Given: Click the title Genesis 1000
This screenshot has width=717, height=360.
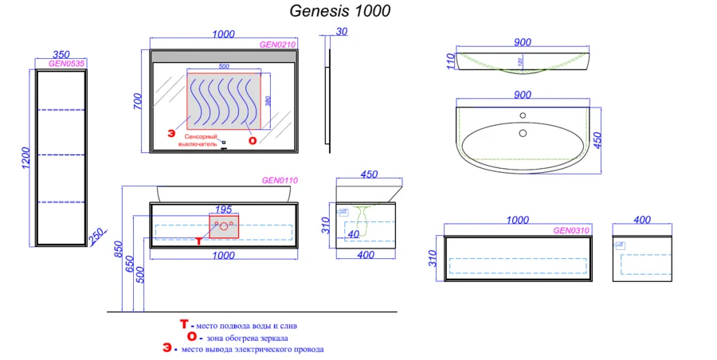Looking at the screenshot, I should [x=339, y=11].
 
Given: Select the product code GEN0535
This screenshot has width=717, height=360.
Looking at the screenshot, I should [x=67, y=63].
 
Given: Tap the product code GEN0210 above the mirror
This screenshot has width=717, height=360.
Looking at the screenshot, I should [x=278, y=45].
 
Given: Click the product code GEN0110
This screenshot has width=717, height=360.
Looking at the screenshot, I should [x=280, y=181].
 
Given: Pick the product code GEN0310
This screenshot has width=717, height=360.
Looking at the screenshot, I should [x=571, y=231].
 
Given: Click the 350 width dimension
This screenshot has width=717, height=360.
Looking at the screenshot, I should [x=61, y=54].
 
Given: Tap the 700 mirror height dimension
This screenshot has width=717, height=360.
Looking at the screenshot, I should [x=137, y=101].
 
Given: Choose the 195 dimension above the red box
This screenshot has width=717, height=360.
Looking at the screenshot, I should [x=224, y=209].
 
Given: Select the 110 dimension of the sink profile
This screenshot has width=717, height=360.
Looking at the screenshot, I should [x=450, y=61].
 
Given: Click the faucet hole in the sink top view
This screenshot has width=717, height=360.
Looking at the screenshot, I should [x=523, y=115].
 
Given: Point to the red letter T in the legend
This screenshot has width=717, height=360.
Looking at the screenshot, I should [x=184, y=325].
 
